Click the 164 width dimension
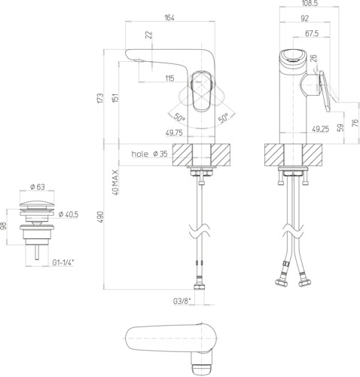tap(169, 17)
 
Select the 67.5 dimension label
tap(312, 33)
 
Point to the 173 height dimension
tap(100, 98)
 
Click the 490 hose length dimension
tap(100, 216)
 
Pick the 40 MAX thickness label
tap(115, 182)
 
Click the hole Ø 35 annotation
tap(149, 154)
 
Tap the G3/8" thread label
tap(182, 301)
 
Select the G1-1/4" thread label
tap(63, 262)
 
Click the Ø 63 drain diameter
tap(38, 187)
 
